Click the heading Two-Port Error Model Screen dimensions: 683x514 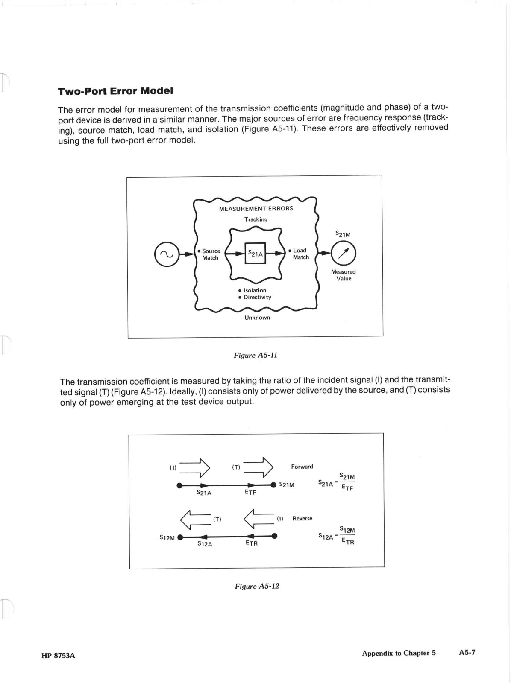(115, 91)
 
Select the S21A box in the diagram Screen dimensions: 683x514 (255, 254)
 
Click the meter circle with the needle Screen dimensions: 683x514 (344, 254)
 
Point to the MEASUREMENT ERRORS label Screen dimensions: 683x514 (256, 209)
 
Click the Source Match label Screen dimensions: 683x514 (210, 254)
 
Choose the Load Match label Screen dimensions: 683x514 (300, 254)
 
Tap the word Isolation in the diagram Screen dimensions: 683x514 (255, 290)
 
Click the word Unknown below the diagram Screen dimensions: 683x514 (257, 318)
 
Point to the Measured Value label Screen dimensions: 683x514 (344, 275)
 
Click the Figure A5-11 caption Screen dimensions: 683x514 (256, 355)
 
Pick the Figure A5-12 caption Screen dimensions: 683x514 (257, 586)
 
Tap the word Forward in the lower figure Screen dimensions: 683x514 (302, 467)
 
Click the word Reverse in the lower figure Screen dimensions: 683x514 (302, 518)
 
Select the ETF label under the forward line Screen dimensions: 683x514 (250, 492)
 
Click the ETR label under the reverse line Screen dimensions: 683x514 (251, 543)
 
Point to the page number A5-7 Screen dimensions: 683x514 (467, 652)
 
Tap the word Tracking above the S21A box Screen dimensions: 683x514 (256, 219)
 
